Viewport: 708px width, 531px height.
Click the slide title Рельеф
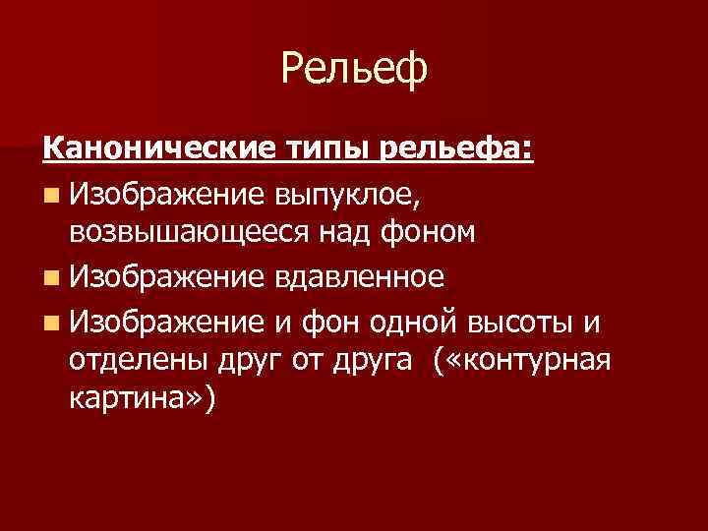(354, 70)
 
